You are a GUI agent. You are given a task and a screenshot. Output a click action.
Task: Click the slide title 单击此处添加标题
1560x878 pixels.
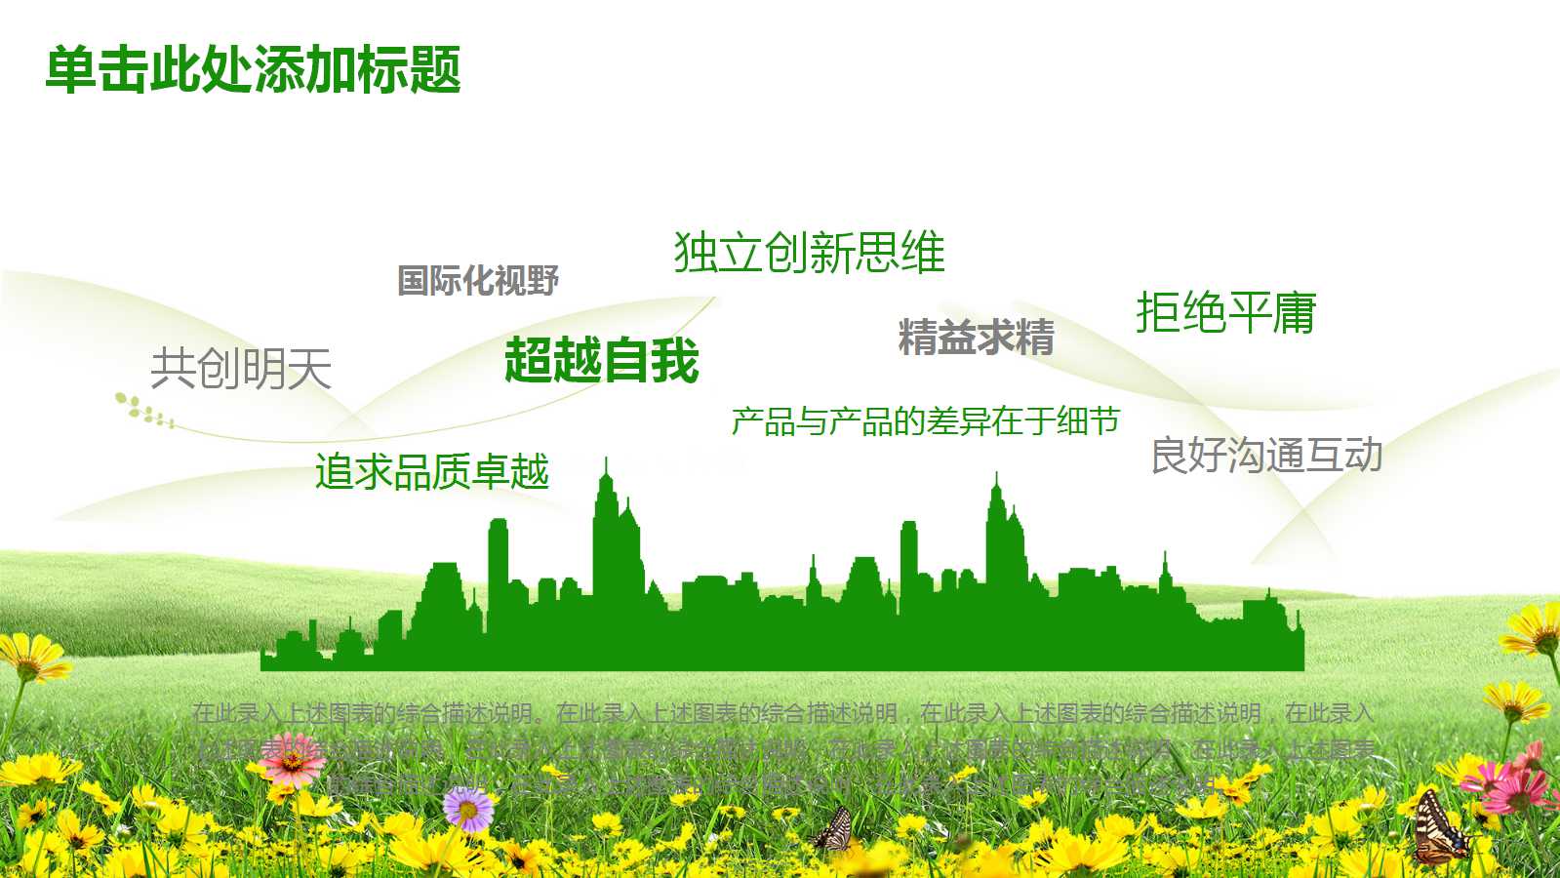click(253, 70)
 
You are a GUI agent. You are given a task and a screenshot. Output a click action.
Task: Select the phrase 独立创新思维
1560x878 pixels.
click(809, 253)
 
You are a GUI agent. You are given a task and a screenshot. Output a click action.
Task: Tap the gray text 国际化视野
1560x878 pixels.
click(478, 281)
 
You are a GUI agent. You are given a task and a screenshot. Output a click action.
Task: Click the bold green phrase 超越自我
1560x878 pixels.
click(602, 360)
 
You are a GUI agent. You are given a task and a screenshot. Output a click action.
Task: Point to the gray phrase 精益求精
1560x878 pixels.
click(976, 338)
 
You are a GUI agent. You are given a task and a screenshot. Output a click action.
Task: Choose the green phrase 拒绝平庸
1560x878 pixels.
click(1226, 313)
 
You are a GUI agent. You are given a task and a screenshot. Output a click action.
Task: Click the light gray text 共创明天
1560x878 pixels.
click(241, 369)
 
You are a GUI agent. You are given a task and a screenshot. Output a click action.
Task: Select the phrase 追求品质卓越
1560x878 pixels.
click(432, 472)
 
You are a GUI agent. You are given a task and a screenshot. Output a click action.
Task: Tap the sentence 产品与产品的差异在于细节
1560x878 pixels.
click(925, 421)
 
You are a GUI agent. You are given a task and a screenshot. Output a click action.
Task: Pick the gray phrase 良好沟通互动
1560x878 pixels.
click(1266, 456)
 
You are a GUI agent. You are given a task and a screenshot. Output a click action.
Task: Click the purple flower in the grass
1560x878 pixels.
click(468, 808)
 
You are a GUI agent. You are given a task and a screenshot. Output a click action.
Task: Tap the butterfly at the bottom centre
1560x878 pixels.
click(835, 829)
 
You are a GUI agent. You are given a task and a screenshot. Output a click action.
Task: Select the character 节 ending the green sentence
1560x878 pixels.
click(1104, 421)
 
